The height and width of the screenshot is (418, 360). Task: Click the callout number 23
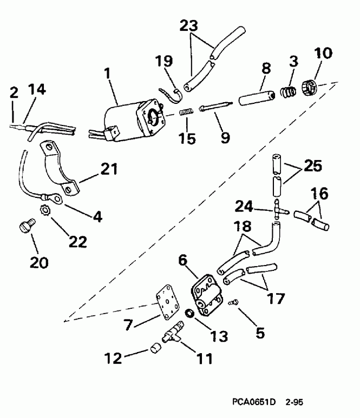click(189, 25)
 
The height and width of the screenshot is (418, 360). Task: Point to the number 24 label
click(245, 205)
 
